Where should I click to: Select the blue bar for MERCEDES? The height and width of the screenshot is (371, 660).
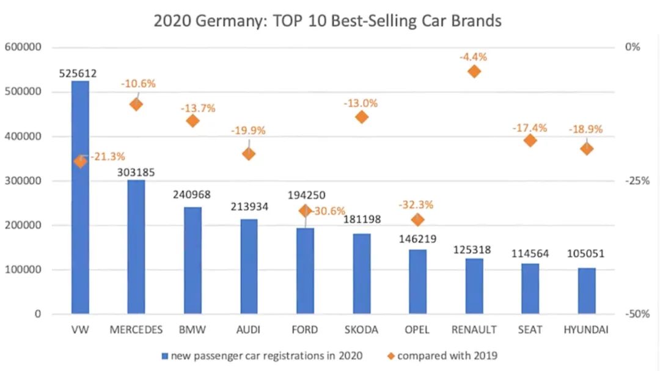pyautogui.click(x=136, y=247)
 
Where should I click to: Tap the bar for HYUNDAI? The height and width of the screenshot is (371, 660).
pyautogui.click(x=586, y=291)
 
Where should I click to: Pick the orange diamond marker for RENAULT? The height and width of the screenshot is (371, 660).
pyautogui.click(x=474, y=71)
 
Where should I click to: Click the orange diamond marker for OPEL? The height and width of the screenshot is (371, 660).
pyautogui.click(x=418, y=220)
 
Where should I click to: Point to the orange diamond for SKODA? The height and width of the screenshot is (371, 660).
pyautogui.click(x=361, y=117)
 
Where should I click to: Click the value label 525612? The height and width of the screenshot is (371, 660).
pyautogui.click(x=78, y=73)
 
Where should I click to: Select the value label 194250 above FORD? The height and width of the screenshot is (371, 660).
pyautogui.click(x=307, y=195)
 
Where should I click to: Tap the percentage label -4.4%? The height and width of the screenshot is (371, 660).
pyautogui.click(x=473, y=57)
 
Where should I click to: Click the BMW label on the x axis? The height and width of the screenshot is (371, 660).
pyautogui.click(x=193, y=330)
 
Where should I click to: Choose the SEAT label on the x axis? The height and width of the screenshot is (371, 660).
pyautogui.click(x=530, y=330)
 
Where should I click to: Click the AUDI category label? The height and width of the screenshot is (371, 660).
pyautogui.click(x=248, y=330)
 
